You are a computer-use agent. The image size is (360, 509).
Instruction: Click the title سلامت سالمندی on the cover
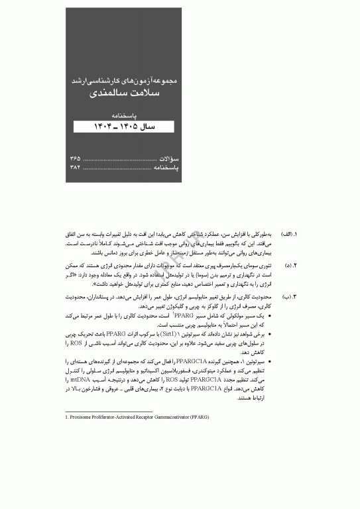point(125,94)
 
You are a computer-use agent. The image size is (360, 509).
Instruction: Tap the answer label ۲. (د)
point(287,265)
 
